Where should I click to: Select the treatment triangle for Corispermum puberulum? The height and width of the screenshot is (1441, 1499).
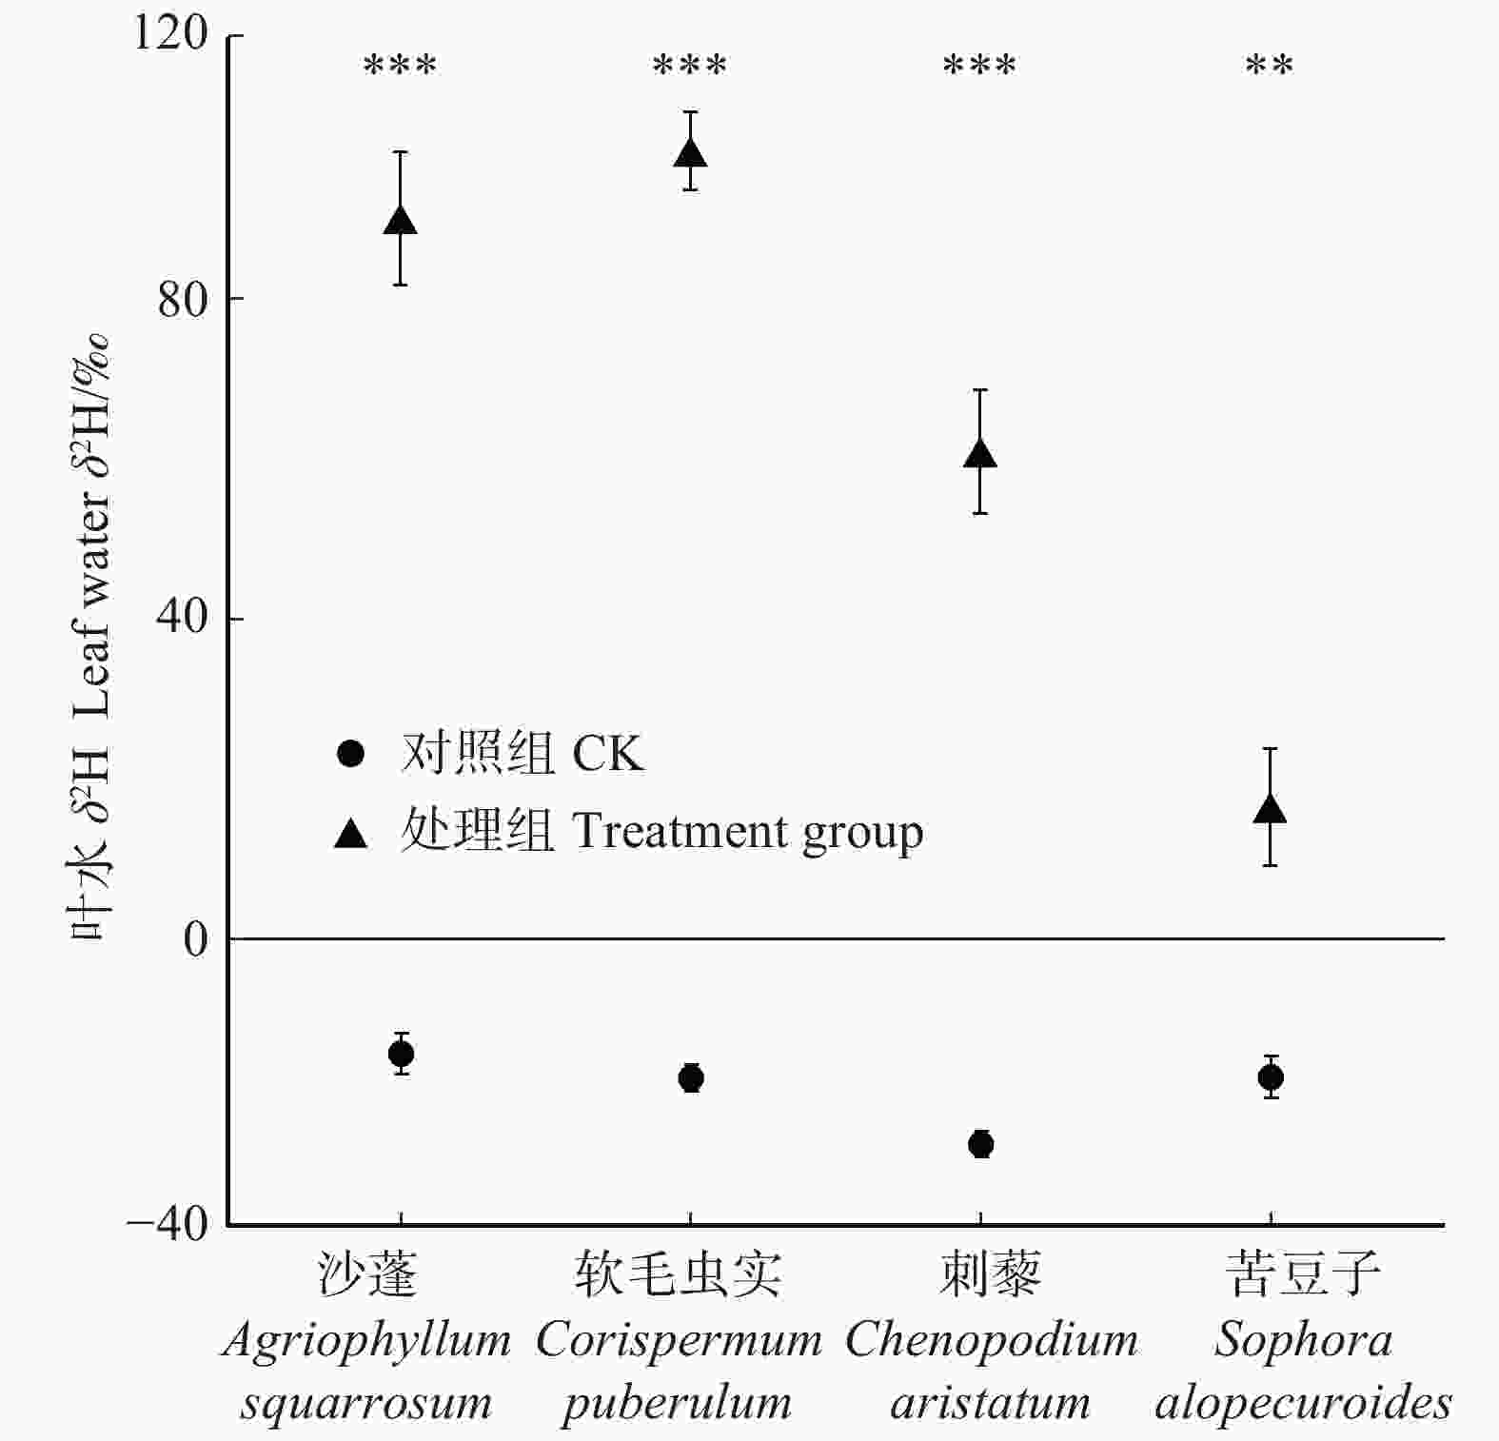690,153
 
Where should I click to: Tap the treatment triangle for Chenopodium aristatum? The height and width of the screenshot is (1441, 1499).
980,454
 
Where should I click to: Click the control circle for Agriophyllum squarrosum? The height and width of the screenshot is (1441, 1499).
402,1054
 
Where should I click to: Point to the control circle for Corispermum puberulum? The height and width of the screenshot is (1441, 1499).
691,1078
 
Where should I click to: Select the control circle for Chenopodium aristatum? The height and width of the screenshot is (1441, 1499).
980,1144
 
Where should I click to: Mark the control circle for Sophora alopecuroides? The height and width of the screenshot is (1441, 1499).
1271,1077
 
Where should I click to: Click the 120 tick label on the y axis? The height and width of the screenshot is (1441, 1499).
169,34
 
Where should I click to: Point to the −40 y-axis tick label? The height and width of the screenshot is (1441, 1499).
168,1223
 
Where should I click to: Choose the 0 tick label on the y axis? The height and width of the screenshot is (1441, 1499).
195,939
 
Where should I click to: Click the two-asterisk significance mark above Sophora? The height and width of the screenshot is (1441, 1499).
1270,67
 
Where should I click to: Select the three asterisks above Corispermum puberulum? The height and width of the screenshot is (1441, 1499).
690,67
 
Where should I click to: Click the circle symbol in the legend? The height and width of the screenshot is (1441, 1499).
351,754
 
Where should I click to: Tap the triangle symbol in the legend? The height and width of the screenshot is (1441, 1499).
351,834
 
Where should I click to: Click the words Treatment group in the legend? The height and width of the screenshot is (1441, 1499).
747,832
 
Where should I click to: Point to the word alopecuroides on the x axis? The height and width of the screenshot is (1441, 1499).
1303,1403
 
